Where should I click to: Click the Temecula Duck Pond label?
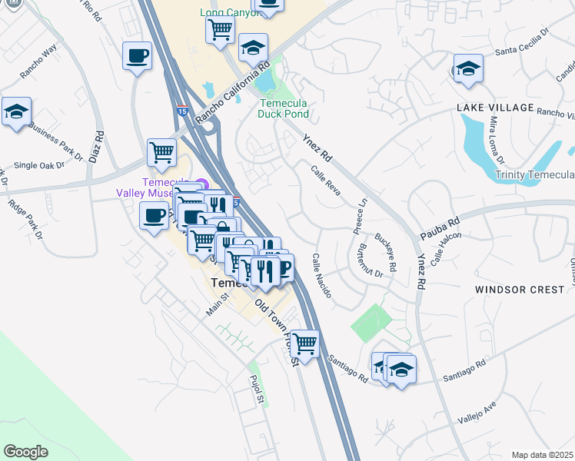tap(284, 108)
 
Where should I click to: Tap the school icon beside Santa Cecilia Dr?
tap(467, 68)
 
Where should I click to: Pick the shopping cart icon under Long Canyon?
tap(220, 29)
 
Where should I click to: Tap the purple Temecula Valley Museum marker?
tap(201, 183)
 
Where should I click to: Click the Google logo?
tap(26, 452)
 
